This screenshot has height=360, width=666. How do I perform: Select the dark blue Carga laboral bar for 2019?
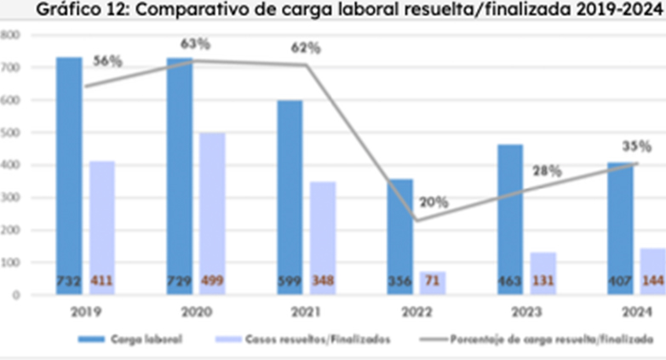[x=69, y=170]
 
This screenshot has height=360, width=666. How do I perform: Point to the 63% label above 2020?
[x=195, y=43]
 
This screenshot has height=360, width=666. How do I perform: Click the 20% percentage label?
[x=434, y=203]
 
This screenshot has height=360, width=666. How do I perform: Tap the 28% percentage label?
[x=546, y=171]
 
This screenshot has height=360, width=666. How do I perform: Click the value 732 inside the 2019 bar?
[x=69, y=280]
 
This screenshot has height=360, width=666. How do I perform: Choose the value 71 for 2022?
[x=432, y=280]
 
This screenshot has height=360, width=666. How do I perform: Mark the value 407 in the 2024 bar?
[x=619, y=280]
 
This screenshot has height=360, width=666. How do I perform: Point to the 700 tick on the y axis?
[x=9, y=67]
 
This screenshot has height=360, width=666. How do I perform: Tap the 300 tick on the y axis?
[x=9, y=197]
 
